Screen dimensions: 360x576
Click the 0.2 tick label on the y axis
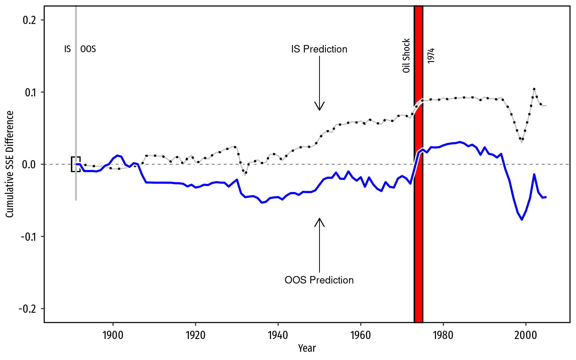point(29,20)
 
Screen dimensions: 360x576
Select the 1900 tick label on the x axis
point(113,335)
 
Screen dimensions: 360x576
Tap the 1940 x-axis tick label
point(278,335)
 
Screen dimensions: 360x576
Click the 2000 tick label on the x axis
point(526,335)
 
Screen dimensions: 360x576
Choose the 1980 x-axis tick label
point(443,335)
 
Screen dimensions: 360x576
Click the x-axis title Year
point(307,348)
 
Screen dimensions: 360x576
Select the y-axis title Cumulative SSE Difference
point(10,164)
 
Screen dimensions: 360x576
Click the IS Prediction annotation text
point(319,49)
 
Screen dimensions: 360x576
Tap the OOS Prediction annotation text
point(319,280)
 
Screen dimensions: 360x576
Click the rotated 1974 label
point(431,55)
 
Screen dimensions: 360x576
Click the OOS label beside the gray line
point(88,49)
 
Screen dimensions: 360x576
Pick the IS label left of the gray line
point(67,49)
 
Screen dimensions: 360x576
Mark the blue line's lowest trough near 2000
point(522,219)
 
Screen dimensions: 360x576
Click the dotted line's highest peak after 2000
point(534,89)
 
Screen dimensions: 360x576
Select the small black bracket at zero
point(75,164)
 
